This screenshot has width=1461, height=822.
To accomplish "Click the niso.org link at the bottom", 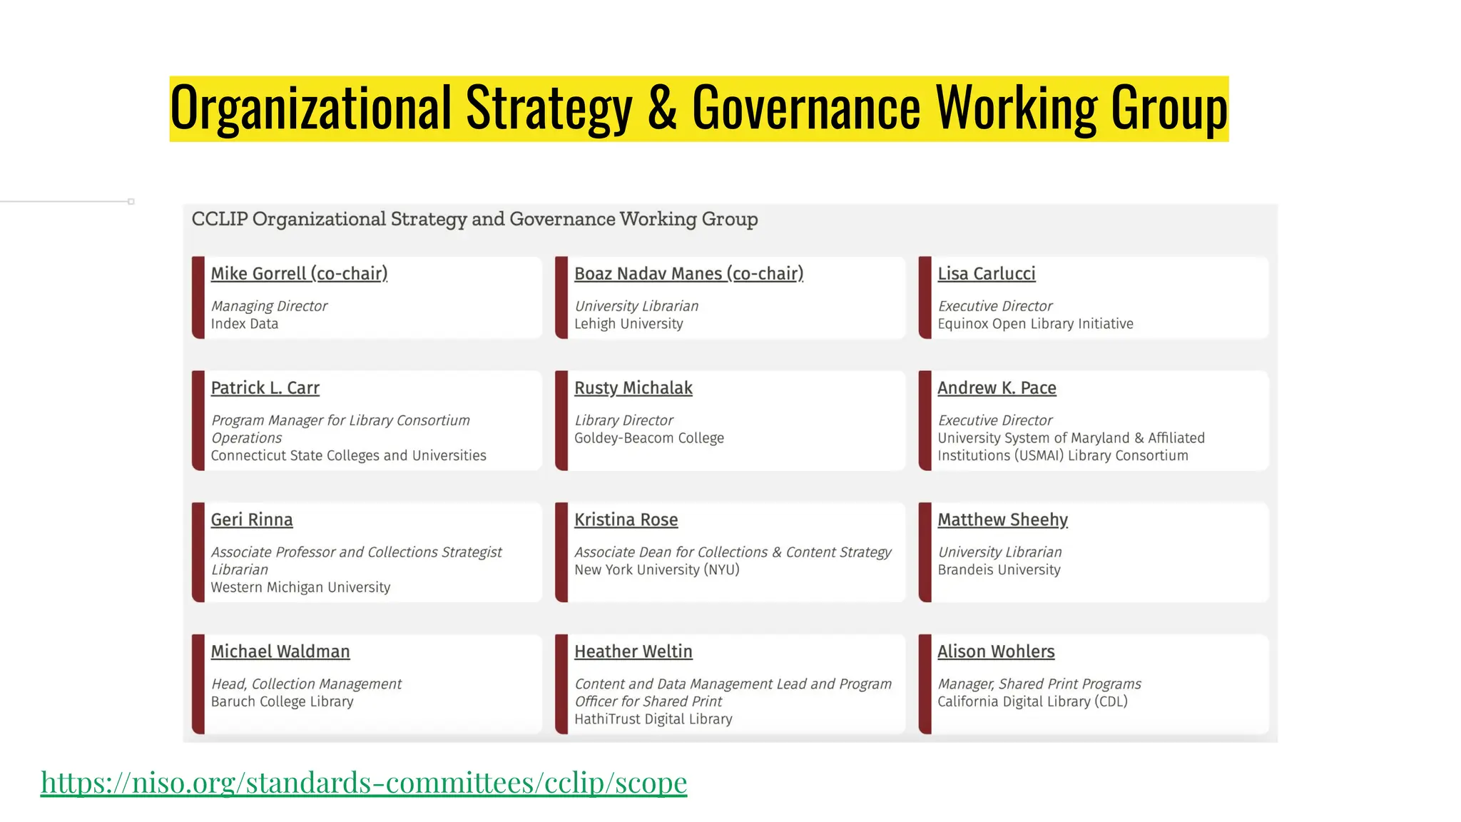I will [364, 783].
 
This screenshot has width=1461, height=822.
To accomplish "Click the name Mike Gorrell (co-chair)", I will [299, 274].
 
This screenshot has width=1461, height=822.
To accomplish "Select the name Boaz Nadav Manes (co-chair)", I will [688, 274].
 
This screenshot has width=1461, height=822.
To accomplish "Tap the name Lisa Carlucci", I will [986, 274].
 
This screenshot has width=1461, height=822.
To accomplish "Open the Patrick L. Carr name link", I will [265, 388].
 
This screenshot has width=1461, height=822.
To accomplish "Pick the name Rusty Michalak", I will [633, 388].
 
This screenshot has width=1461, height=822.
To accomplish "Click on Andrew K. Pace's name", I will [997, 388].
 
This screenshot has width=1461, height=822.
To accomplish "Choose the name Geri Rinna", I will [251, 520].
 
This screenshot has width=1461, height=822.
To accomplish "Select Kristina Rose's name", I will [626, 520].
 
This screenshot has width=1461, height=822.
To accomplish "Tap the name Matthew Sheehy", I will [1002, 520].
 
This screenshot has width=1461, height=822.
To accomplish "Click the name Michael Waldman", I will [280, 652].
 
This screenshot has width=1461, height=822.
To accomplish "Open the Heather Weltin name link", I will [633, 652].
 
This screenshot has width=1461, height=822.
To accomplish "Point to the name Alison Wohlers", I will [995, 652].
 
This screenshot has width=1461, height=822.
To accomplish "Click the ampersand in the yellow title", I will [662, 108].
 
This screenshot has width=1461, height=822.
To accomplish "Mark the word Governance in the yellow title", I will [806, 108].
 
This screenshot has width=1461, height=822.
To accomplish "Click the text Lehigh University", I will [628, 324].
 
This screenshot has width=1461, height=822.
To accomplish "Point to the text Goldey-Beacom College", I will [648, 438].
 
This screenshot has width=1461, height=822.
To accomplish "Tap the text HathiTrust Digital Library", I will [653, 719].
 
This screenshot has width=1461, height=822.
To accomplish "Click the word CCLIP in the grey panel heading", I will [220, 219].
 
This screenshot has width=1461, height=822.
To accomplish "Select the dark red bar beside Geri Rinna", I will [198, 552].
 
